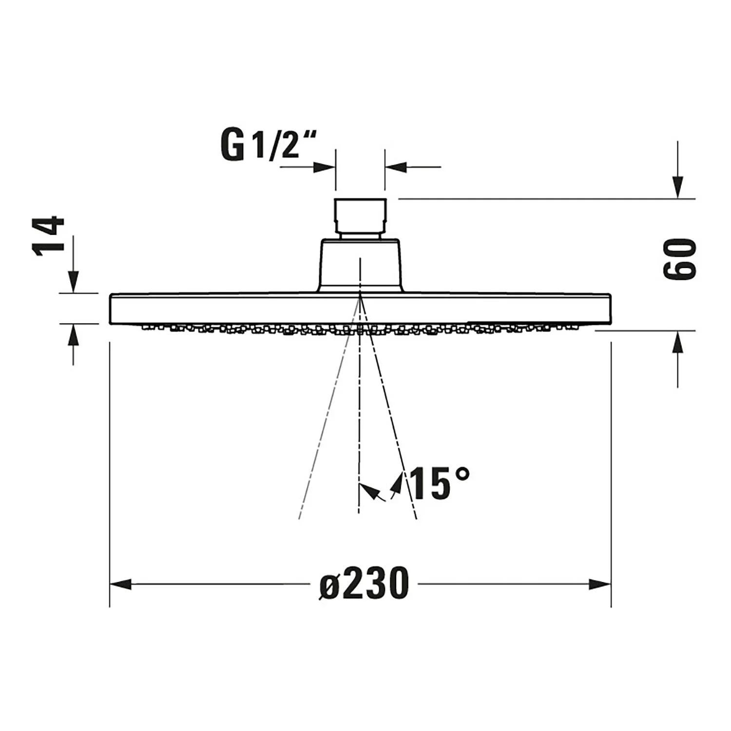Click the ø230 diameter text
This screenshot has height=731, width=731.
tap(364, 583)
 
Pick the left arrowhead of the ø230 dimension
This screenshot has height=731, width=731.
tap(120, 584)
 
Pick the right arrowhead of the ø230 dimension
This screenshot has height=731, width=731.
tap(600, 584)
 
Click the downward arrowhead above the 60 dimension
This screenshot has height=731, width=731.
tap(678, 187)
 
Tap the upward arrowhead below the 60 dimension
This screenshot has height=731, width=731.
tap(678, 342)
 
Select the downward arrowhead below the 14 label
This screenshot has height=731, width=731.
tap(73, 282)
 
